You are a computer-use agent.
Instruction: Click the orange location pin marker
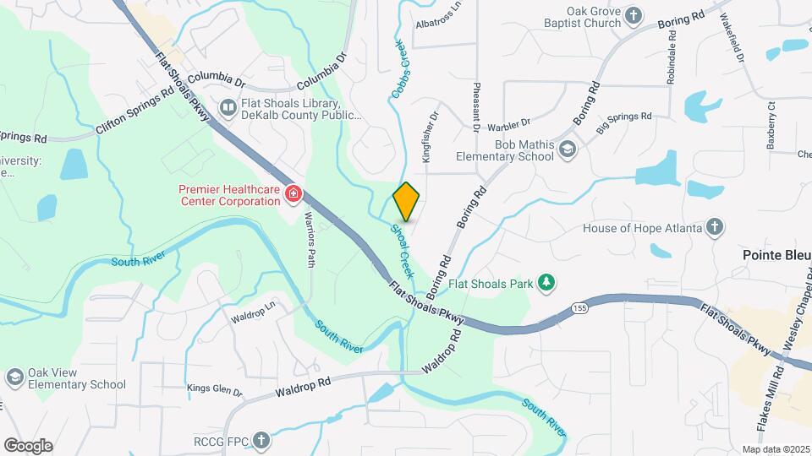tap(407, 201)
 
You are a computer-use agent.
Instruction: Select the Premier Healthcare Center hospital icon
tap(294, 195)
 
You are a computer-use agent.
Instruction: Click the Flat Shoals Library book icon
tap(228, 107)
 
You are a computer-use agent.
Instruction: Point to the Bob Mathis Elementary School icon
tap(567, 149)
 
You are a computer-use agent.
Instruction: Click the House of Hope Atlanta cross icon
tap(715, 228)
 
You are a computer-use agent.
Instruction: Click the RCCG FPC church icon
tap(262, 439)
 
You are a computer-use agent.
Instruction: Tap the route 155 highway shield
tap(579, 306)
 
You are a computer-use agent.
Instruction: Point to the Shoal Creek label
tap(402, 251)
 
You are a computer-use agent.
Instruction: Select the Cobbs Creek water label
tap(399, 72)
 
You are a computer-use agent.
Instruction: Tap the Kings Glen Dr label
tap(215, 393)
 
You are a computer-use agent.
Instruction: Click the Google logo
tap(28, 445)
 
